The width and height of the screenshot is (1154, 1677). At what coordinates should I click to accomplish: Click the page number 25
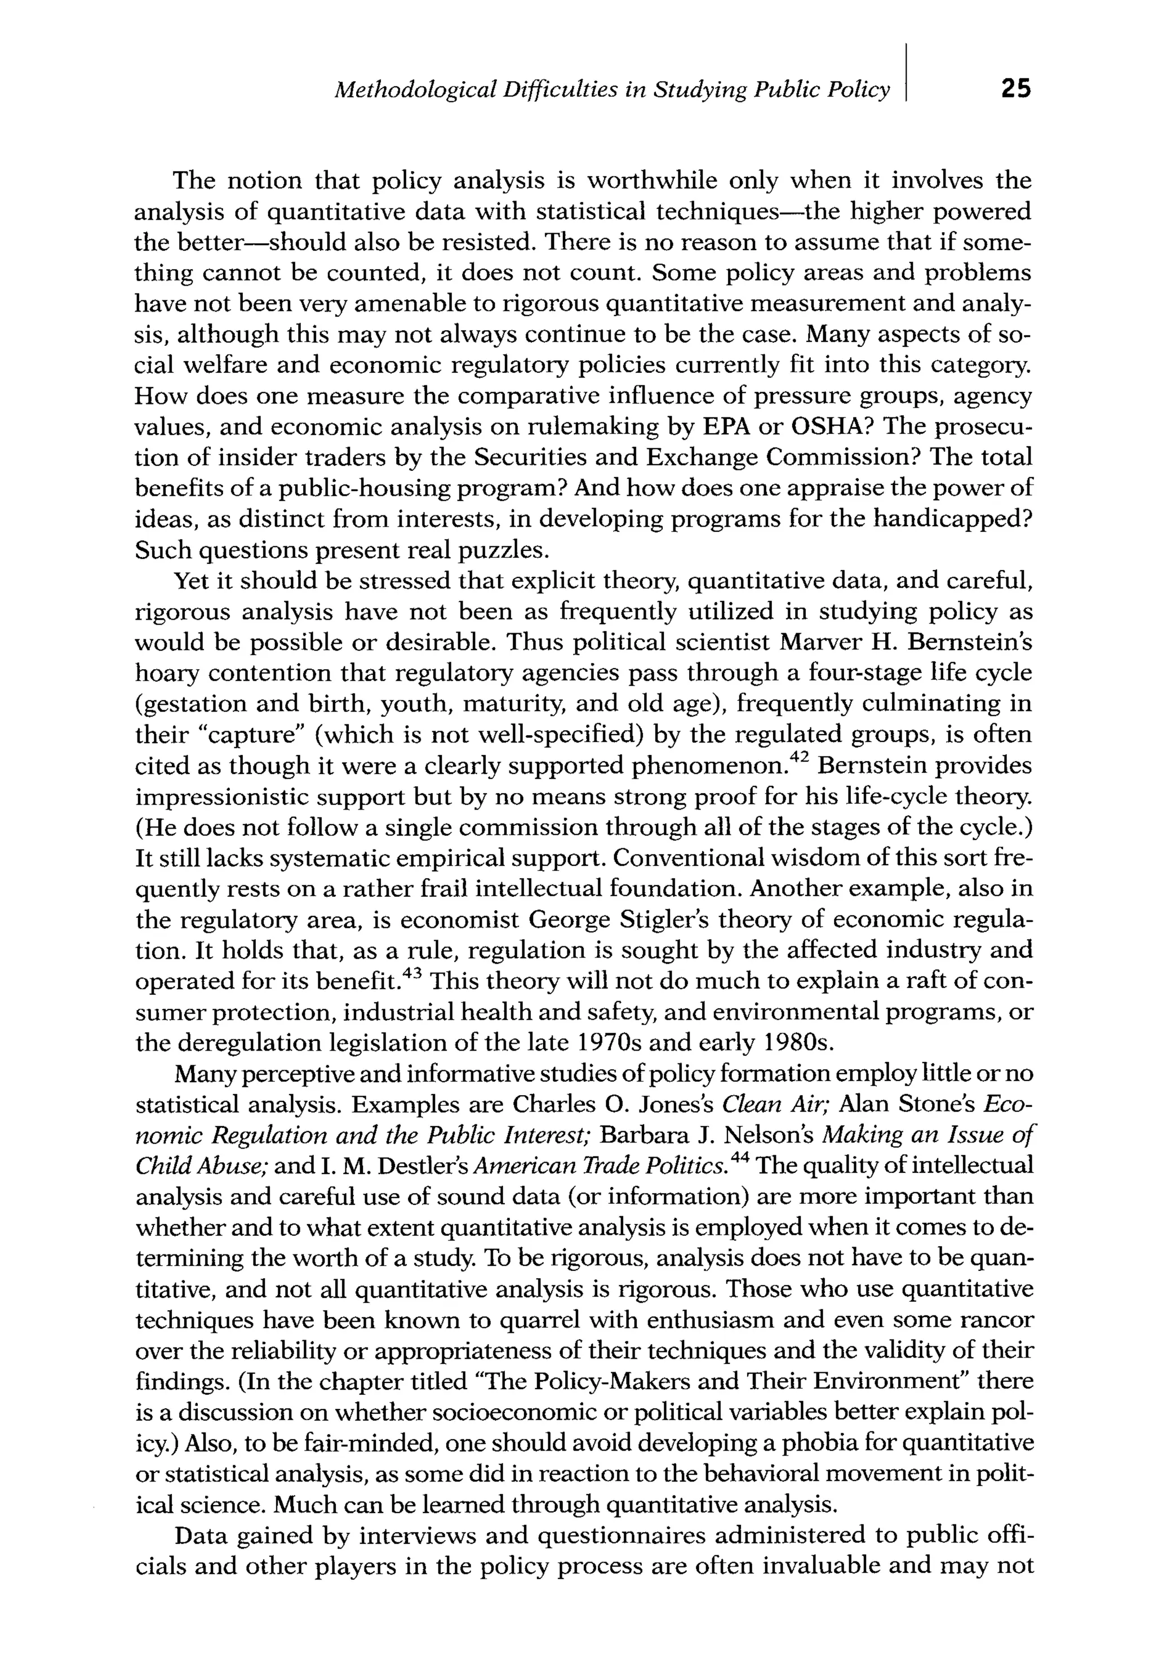1015,88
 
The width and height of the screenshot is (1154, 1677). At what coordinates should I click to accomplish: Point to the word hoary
166,674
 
